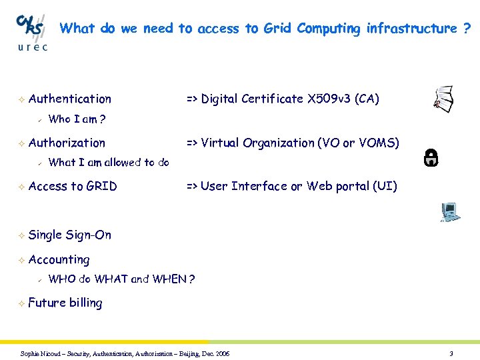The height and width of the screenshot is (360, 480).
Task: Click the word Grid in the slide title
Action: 278,28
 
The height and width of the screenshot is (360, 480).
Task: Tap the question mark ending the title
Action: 466,28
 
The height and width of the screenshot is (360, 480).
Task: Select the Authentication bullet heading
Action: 70,99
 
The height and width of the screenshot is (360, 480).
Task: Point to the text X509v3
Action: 329,99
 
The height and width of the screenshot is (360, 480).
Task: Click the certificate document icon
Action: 443,99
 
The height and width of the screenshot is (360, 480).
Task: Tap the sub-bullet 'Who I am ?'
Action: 77,119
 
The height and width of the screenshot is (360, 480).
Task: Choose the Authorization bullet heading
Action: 67,143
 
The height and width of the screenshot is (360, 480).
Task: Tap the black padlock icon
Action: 431,157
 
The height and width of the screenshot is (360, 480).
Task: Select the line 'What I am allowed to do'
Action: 109,162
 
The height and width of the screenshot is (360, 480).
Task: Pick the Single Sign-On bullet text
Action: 70,235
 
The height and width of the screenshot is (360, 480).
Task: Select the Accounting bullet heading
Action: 59,259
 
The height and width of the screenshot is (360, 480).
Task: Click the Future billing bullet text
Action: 65,303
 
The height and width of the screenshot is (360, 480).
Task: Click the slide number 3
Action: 451,353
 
